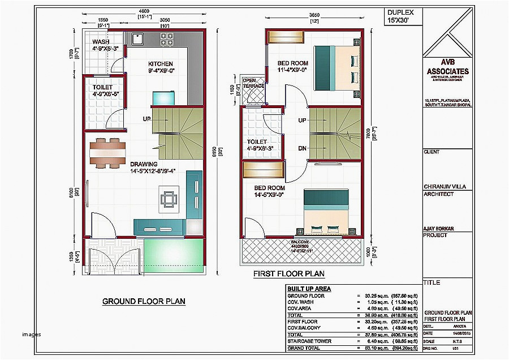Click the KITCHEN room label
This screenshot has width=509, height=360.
[161, 63]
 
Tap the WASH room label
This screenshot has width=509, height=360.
[101, 42]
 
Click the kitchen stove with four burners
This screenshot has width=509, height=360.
[167, 39]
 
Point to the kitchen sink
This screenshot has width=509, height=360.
[137, 39]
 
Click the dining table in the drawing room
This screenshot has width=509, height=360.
[107, 153]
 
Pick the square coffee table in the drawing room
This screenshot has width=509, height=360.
[169, 199]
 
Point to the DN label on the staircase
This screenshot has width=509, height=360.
[302, 148]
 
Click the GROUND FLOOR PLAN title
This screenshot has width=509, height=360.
[144, 301]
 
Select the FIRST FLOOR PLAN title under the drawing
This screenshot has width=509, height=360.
[289, 274]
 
